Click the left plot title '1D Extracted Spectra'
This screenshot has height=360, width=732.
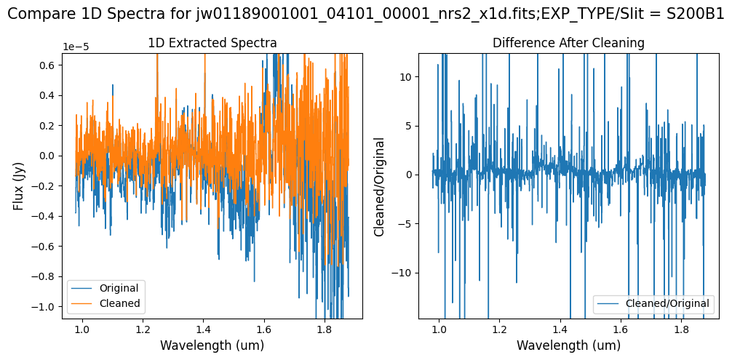[212, 44]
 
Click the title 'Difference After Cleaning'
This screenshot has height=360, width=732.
[568, 44]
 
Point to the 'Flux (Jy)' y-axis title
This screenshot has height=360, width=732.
[19, 185]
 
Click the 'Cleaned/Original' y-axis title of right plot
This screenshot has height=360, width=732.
[379, 185]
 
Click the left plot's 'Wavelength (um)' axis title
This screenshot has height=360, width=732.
[212, 345]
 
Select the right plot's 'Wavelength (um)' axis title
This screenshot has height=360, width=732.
[568, 345]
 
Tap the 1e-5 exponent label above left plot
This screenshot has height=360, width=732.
[77, 47]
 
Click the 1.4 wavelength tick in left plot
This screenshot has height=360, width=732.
[203, 329]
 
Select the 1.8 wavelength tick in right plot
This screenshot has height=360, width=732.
[681, 329]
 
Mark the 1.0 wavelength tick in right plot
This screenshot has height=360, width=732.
[439, 329]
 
